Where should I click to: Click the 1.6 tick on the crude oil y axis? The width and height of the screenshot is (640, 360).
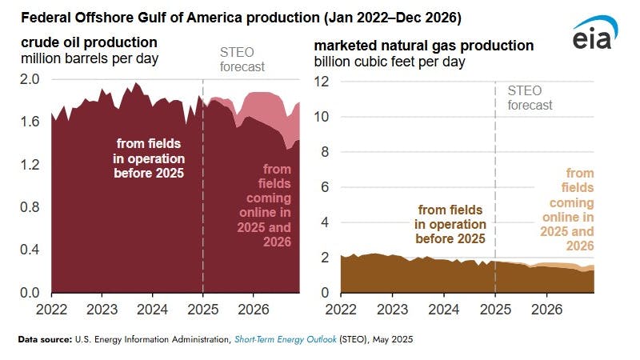[x=30, y=122]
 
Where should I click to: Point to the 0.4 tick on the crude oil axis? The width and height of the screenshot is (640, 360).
[x=30, y=250]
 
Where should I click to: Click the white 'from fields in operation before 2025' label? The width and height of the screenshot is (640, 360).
[x=150, y=158]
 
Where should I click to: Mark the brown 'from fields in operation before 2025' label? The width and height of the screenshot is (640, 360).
[x=450, y=224]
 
